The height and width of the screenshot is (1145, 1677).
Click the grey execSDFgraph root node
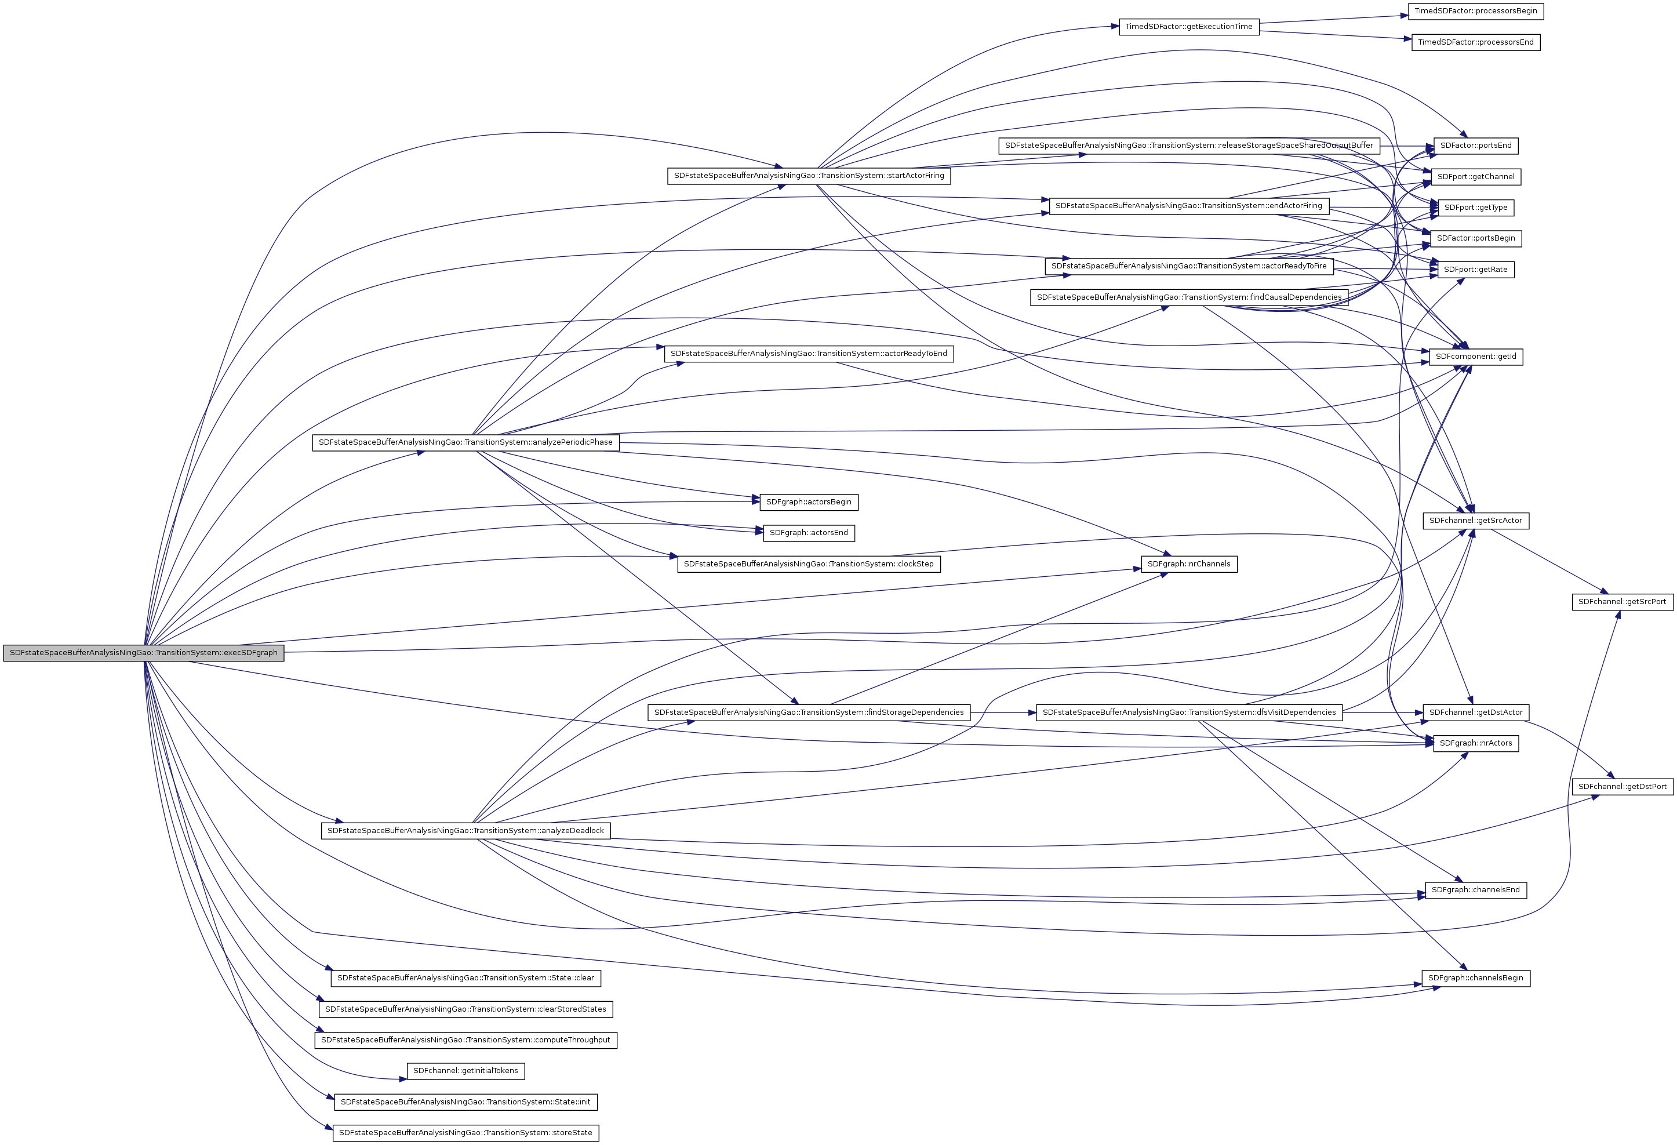143,653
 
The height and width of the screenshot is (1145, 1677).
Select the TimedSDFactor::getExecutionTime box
1188,27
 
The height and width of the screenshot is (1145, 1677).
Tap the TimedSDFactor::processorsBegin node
1476,11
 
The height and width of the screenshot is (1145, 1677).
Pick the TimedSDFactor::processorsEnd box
1476,42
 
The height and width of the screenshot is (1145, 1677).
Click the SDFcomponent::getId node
1476,357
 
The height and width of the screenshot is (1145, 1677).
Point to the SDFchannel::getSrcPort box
1622,602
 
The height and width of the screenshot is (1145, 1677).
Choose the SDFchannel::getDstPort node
1622,786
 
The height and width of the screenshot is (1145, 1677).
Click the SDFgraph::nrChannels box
1188,564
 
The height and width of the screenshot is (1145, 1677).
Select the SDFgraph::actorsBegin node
808,502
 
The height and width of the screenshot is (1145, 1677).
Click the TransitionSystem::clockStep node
808,564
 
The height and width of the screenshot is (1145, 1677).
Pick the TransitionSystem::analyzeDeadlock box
465,830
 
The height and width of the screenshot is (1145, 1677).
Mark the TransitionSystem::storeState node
465,1133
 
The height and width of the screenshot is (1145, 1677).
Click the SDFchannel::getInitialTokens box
465,1071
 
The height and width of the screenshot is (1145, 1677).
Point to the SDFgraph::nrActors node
1476,743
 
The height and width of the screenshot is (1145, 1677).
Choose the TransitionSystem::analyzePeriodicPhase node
465,442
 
